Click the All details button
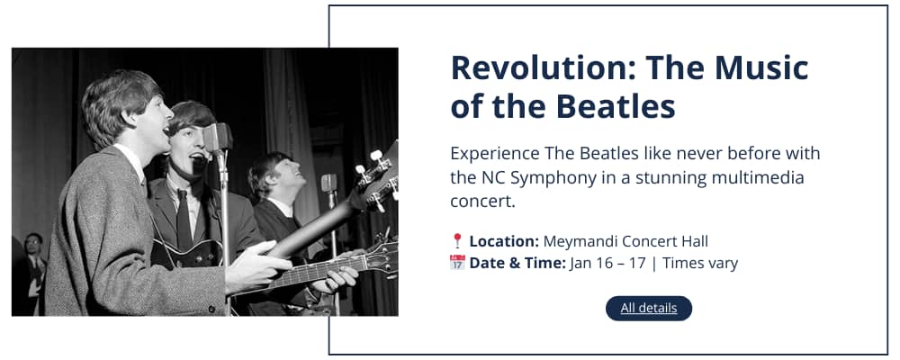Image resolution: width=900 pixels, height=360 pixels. tap(649, 309)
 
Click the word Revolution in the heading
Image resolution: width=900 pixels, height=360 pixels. tap(543, 67)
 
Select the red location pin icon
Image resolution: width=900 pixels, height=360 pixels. tap(457, 241)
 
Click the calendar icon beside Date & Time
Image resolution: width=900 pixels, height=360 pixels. tap(457, 263)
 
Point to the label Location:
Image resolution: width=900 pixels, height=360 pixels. tap(504, 241)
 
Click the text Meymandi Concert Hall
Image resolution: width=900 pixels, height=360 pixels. tap(625, 241)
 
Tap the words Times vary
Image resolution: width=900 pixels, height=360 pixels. tap(700, 263)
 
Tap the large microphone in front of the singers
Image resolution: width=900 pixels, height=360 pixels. tap(218, 138)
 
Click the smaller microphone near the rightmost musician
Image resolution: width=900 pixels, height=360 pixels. tap(328, 184)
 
